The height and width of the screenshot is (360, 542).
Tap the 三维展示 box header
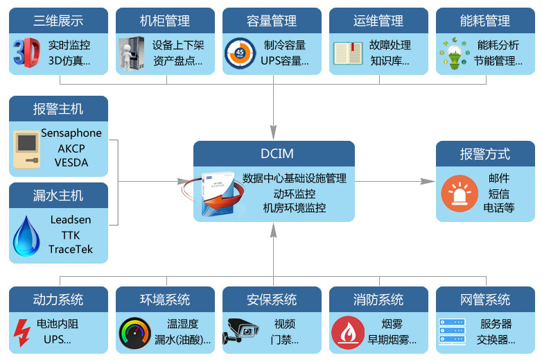[58, 21]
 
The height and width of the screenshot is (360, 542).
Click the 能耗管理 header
[485, 21]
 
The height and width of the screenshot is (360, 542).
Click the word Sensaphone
[71, 132]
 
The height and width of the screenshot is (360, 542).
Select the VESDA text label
[71, 163]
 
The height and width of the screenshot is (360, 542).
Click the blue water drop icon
[26, 235]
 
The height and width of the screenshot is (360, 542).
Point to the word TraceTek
[71, 249]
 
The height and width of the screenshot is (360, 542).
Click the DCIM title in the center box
[274, 153]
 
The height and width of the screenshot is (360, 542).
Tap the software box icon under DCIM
[219, 191]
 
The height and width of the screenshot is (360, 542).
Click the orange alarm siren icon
[460, 194]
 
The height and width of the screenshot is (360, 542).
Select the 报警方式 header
[485, 153]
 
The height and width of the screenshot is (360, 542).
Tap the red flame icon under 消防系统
[347, 332]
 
